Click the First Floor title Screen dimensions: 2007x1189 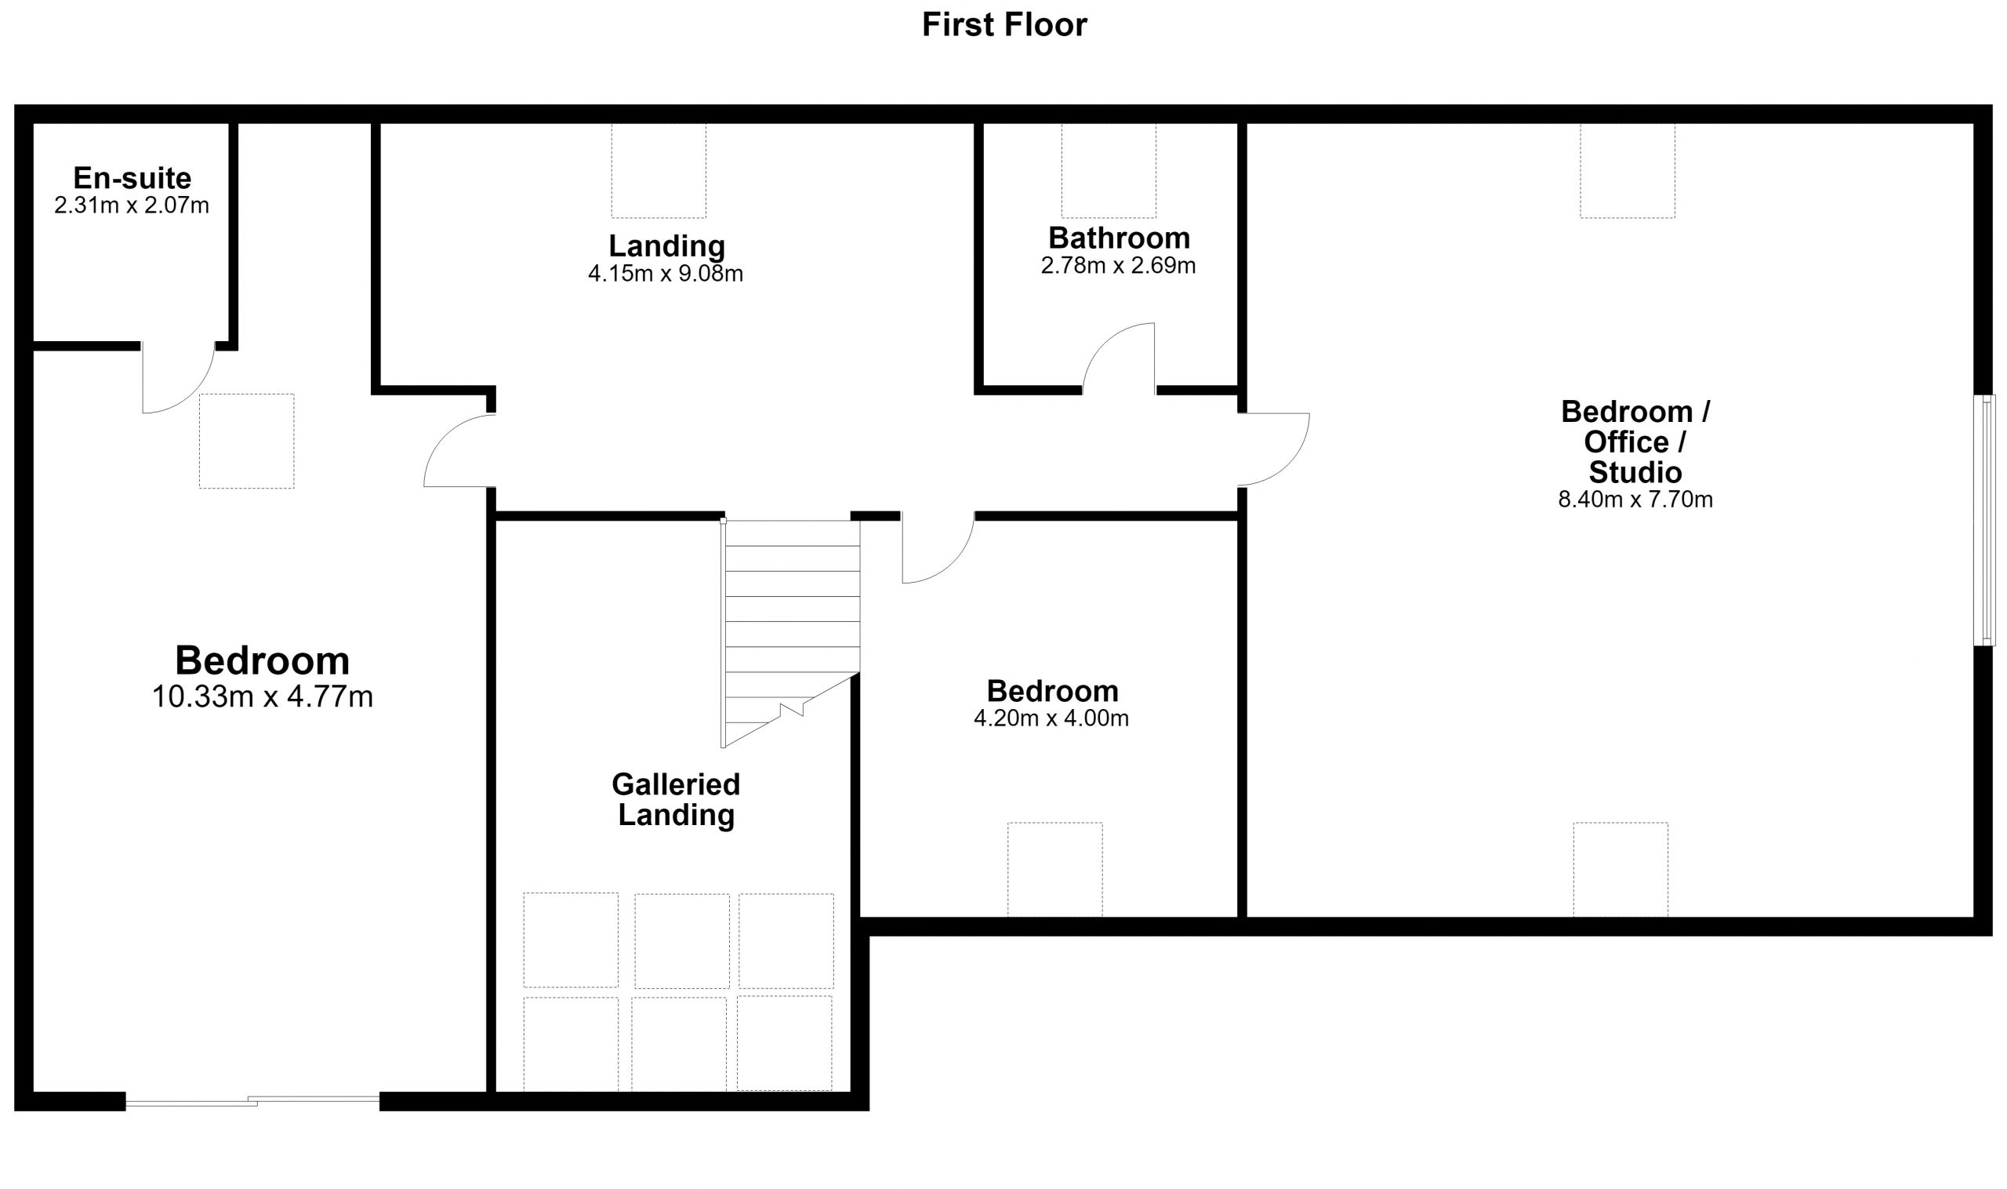1004,25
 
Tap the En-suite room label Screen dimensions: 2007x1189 132,178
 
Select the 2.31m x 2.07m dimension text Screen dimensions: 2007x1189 132,206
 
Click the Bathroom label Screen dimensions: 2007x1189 1119,238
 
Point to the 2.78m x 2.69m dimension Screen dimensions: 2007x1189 1119,266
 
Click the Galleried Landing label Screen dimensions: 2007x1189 676,800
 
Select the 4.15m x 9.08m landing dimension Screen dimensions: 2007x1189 666,274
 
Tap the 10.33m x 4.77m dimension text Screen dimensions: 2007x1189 263,697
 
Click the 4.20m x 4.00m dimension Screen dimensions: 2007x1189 1051,718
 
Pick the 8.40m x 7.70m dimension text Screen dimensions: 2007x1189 1635,500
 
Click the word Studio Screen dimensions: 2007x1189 1635,472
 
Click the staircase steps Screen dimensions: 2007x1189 791,633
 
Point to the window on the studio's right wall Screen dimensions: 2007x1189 1983,520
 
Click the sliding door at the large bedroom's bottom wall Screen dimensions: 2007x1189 252,1102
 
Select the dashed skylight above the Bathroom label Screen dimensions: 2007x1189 1109,171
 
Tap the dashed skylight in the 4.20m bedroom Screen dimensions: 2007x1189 1054,869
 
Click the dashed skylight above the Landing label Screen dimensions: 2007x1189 659,171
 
